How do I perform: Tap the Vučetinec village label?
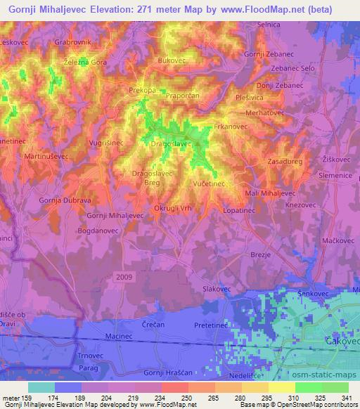[x=209, y=183]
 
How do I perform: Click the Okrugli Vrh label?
[x=173, y=208]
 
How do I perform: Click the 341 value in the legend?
[x=347, y=398]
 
